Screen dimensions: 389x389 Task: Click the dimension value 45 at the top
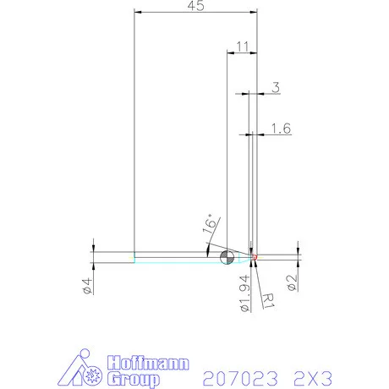click(195, 7)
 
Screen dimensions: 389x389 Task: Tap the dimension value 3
click(275, 86)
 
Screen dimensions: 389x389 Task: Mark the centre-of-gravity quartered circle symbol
click(226, 256)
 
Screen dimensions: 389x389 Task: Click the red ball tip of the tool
click(255, 256)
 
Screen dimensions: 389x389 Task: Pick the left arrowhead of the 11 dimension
click(229, 52)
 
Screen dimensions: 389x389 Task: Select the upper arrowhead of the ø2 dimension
click(298, 249)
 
